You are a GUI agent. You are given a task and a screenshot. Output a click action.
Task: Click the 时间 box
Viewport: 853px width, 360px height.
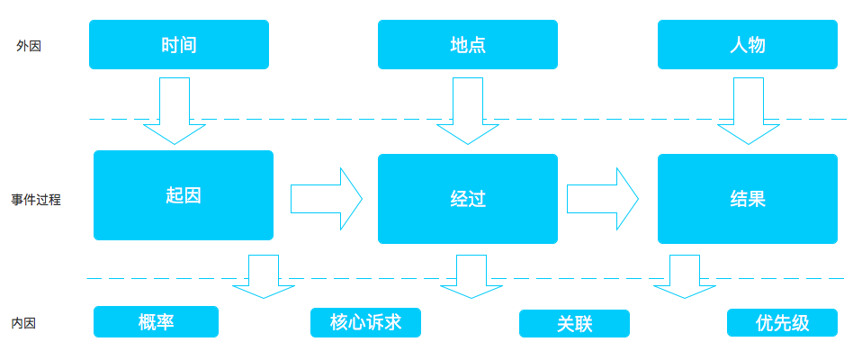pyautogui.click(x=179, y=45)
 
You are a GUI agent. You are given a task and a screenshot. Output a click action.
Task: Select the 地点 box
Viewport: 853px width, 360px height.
pyautogui.click(x=467, y=45)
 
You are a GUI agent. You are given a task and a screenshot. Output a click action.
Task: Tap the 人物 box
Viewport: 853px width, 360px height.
pyautogui.click(x=748, y=45)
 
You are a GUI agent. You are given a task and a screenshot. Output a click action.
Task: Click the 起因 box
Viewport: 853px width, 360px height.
pyautogui.click(x=184, y=195)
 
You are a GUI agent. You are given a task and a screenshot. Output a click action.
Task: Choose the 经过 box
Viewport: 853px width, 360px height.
pyautogui.click(x=467, y=199)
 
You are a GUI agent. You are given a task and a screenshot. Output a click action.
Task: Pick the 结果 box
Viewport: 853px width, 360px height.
pyautogui.click(x=748, y=199)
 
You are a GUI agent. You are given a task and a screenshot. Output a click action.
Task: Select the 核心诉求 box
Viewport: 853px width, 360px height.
pyautogui.click(x=365, y=322)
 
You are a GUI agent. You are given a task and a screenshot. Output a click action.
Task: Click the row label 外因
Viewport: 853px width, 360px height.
pyautogui.click(x=29, y=46)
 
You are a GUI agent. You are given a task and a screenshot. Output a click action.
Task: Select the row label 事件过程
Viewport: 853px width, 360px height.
pyautogui.click(x=36, y=200)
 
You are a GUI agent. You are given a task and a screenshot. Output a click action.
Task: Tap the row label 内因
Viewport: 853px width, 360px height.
pyautogui.click(x=24, y=323)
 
